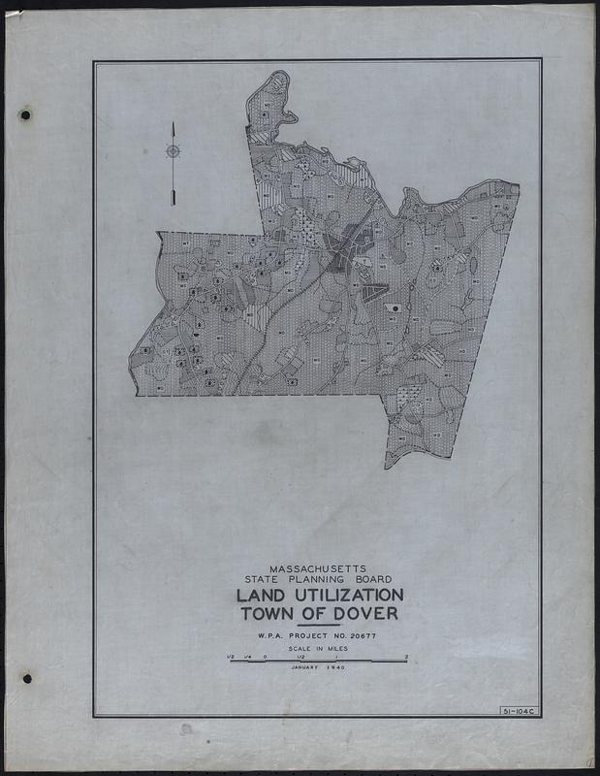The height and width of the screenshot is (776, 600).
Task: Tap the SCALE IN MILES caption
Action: (x=316, y=649)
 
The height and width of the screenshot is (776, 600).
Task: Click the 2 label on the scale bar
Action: (x=405, y=657)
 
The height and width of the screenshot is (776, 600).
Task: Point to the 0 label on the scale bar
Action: (x=266, y=657)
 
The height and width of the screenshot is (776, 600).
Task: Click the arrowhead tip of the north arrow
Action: (x=173, y=125)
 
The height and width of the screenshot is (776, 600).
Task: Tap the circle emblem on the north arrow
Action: (x=173, y=151)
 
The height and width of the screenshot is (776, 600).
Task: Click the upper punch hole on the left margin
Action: (x=25, y=115)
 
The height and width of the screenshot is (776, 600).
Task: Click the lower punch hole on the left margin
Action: (x=26, y=678)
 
